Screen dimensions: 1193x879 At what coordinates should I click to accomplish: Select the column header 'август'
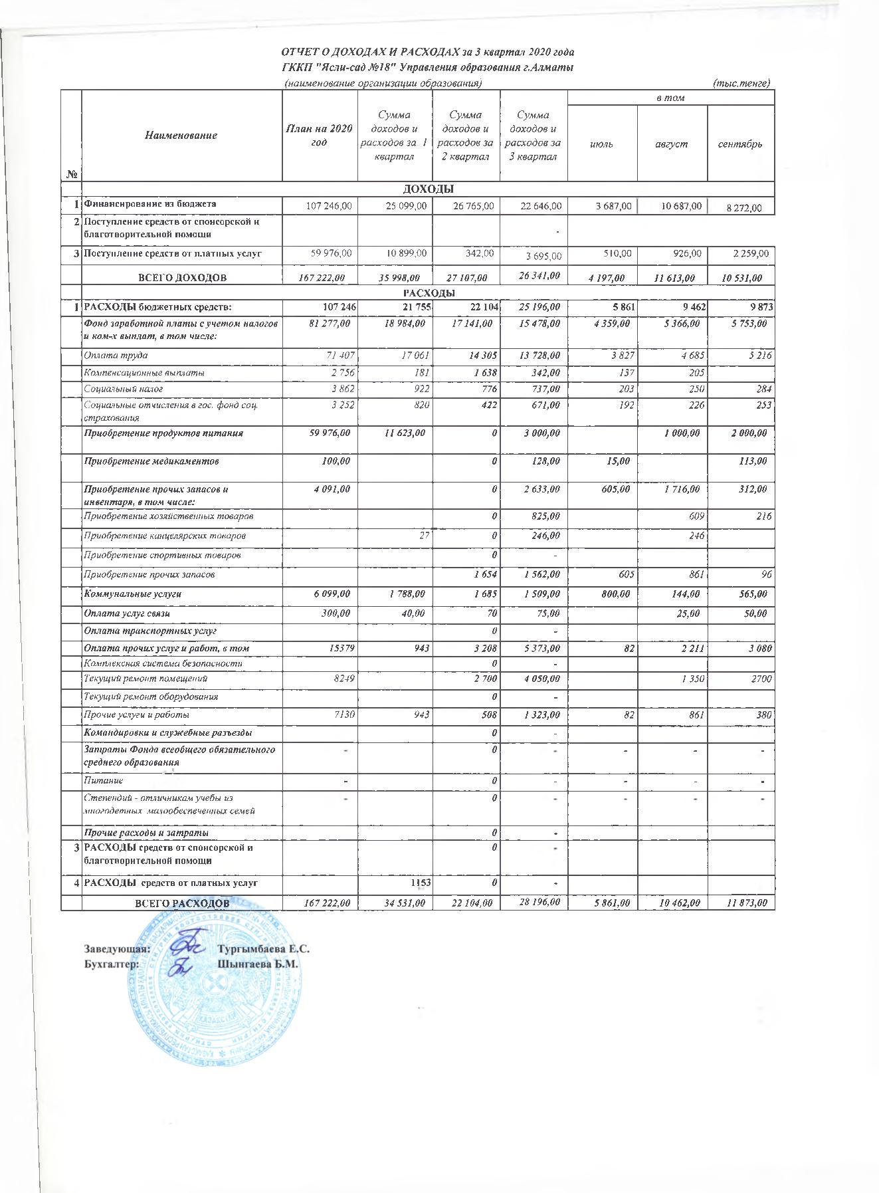[672, 144]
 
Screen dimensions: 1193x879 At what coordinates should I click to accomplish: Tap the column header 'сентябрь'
[741, 144]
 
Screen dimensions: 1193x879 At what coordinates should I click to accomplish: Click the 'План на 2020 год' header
[319, 135]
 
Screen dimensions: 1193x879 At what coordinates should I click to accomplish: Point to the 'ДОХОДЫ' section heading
[428, 189]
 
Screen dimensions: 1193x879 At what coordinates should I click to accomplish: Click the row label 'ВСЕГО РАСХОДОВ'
[182, 903]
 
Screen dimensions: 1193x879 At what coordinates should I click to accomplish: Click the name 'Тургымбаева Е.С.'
[264, 950]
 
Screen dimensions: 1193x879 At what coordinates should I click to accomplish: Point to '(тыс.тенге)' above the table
[740, 83]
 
